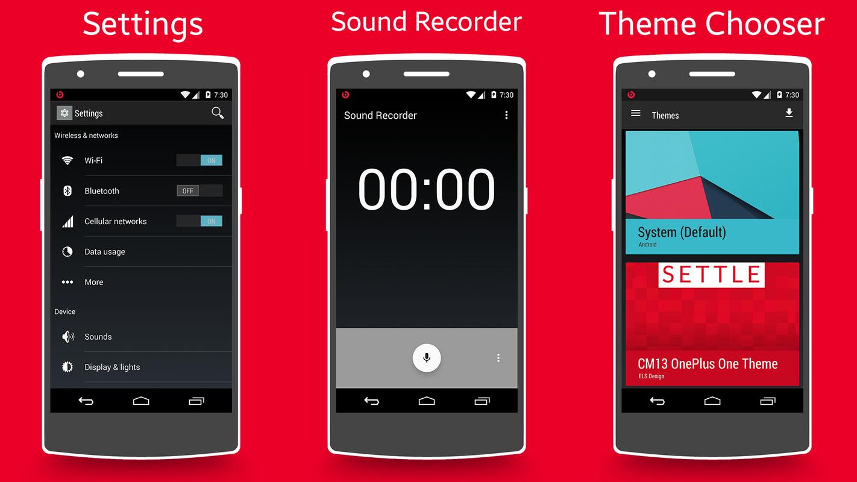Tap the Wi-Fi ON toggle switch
coord(199,160)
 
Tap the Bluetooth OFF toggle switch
coord(199,191)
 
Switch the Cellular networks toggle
coord(199,221)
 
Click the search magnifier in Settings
coord(218,113)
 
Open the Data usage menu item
coord(105,252)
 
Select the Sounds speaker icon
coord(67,337)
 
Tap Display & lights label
coord(112,367)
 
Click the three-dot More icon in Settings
coord(67,282)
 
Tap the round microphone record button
coord(427,358)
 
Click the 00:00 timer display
coord(427,189)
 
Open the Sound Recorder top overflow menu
coord(506,115)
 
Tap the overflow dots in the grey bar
coord(498,358)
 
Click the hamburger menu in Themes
coord(635,113)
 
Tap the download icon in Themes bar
coord(789,113)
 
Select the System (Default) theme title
coord(682,232)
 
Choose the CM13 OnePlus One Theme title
coord(708,364)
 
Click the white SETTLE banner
coord(712,275)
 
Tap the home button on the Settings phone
coord(141,401)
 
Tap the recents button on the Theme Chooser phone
coord(767,401)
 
